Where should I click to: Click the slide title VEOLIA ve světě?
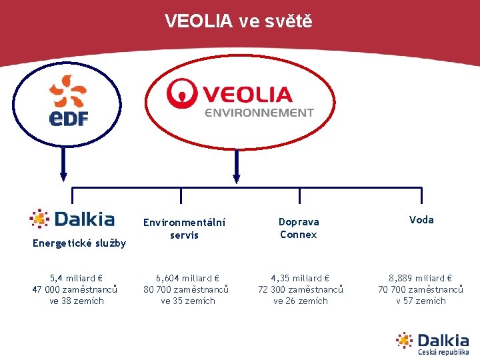pos(238,21)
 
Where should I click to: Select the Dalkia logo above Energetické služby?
pos(73,219)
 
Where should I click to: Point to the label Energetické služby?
pos(79,243)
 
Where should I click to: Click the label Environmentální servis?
pos(184,228)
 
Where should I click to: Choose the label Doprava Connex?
pos(299,228)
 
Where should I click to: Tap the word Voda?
pos(421,220)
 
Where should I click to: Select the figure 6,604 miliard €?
pos(187,278)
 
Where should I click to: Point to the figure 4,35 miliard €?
pos(300,278)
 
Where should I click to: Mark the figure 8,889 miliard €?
pos(421,278)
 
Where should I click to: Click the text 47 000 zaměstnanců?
pos(75,289)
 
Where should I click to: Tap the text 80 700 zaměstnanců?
pos(187,289)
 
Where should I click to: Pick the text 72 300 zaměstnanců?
pos(301,289)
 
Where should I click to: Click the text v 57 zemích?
pos(421,301)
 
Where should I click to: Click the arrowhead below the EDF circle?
pos(64,177)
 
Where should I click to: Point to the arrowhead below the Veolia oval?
pos(236,177)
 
